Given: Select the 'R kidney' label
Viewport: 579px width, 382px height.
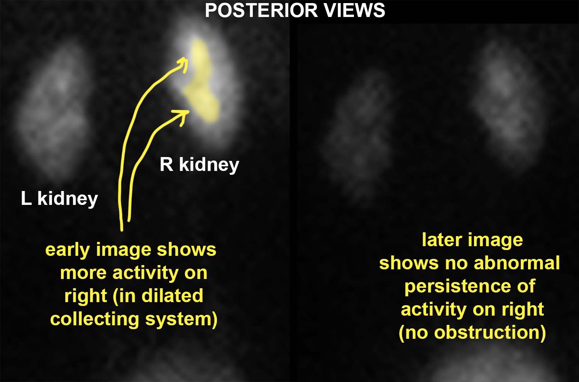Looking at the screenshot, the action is tap(199, 165).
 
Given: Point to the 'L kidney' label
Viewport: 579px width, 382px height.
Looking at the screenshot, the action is tap(59, 199).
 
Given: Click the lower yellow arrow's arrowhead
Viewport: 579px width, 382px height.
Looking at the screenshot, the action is tap(182, 116).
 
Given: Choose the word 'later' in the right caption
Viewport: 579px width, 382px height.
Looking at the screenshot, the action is tap(442, 240).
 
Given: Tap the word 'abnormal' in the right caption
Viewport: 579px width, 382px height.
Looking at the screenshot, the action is tap(517, 263).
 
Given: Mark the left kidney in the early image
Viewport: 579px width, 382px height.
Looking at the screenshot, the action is tap(53, 111).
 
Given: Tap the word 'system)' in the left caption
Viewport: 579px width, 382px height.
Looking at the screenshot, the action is tap(181, 319).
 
